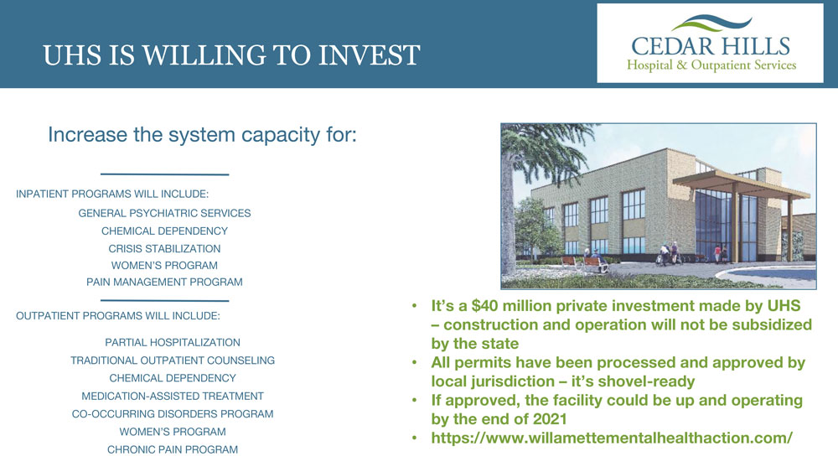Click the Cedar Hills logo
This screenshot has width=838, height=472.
[710, 44]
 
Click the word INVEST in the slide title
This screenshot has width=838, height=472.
[370, 55]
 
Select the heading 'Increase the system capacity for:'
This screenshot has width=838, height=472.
[202, 135]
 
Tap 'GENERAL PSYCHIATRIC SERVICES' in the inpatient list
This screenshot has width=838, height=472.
[164, 213]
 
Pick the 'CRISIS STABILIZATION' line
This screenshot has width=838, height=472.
[164, 248]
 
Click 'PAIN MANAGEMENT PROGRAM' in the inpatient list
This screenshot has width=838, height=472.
[164, 282]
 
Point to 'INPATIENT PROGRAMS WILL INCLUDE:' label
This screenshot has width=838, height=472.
[112, 194]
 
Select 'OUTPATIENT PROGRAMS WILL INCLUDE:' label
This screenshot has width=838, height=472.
[118, 316]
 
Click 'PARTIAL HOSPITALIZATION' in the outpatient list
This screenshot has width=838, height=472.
[173, 343]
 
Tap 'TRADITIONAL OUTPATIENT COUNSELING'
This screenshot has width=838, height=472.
[173, 360]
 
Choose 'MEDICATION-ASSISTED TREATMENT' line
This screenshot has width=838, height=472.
[173, 396]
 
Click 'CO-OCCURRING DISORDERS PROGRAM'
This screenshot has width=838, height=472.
[173, 414]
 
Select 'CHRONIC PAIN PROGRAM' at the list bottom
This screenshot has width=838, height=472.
[173, 449]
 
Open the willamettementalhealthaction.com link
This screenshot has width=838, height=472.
[612, 438]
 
